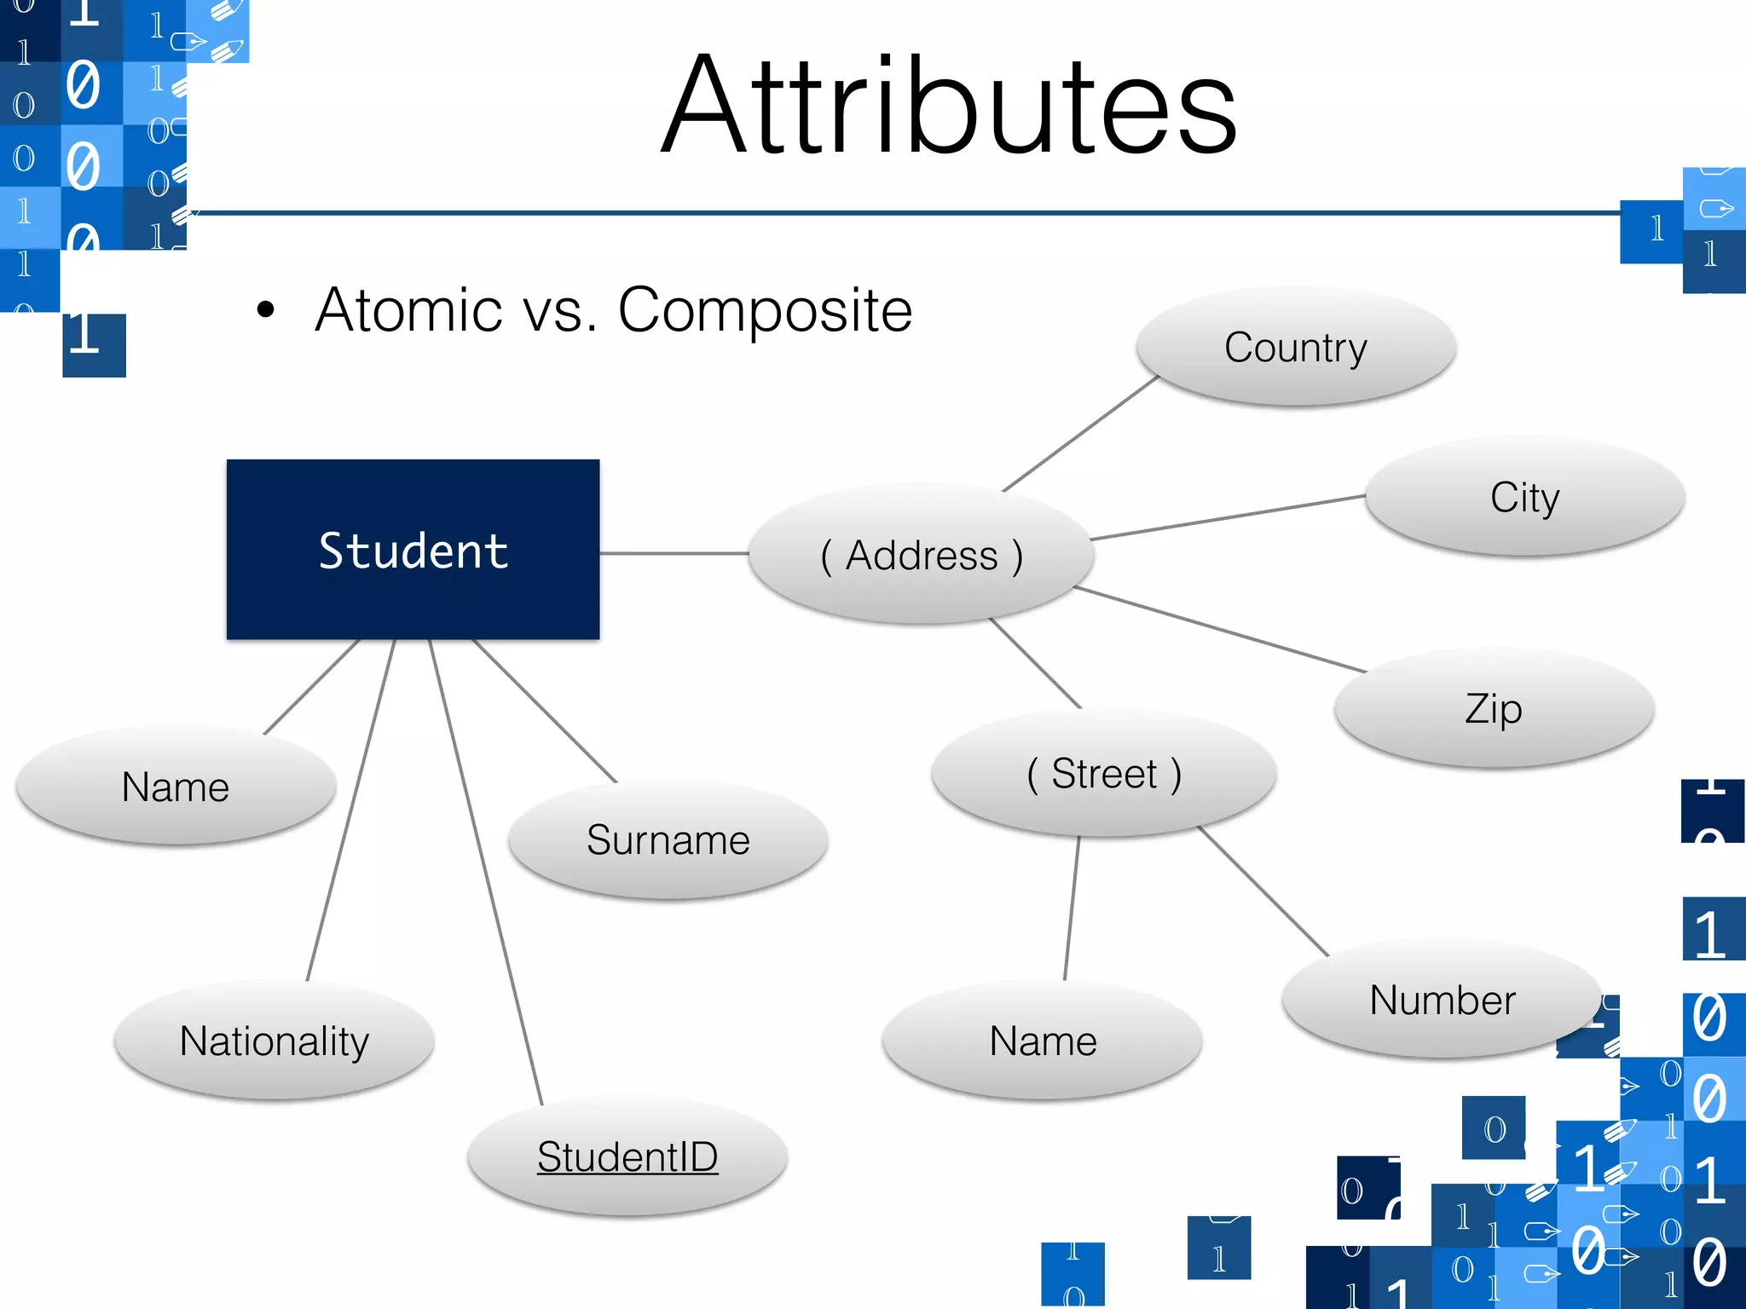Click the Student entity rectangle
pos(413,550)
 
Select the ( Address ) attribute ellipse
pos(921,555)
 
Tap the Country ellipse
pos(1296,347)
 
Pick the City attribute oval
pos(1524,497)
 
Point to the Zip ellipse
pos(1494,708)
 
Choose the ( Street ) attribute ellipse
pos(1104,773)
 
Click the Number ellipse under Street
pos(1442,1000)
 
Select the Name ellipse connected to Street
pos(1043,1041)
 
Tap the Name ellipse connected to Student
pos(176,787)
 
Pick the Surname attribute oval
pos(668,839)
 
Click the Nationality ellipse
pos(275,1041)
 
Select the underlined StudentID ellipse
pos(627,1156)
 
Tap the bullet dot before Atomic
pos(266,310)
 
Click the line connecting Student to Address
pos(674,553)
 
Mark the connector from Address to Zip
pos(1219,629)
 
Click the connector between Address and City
pos(1228,517)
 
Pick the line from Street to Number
pos(1263,891)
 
